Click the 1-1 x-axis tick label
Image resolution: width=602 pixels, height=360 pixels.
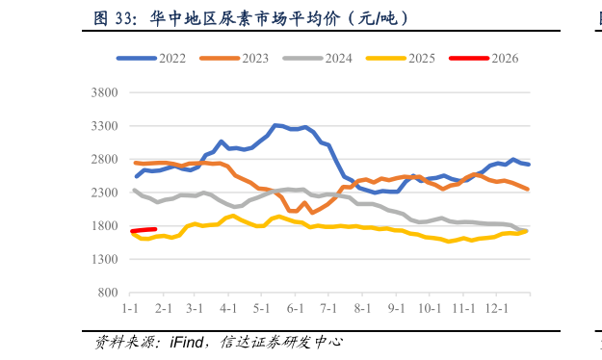pyautogui.click(x=131, y=307)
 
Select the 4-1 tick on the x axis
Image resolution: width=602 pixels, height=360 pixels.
pyautogui.click(x=228, y=307)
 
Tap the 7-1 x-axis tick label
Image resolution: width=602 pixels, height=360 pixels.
pyautogui.click(x=327, y=307)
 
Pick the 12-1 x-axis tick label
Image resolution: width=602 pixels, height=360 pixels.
pyautogui.click(x=495, y=307)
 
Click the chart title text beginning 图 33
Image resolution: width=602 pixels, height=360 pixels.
pyautogui.click(x=250, y=17)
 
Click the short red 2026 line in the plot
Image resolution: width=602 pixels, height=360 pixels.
pyautogui.click(x=144, y=230)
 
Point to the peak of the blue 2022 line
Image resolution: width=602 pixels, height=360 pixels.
pyautogui.click(x=276, y=125)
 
